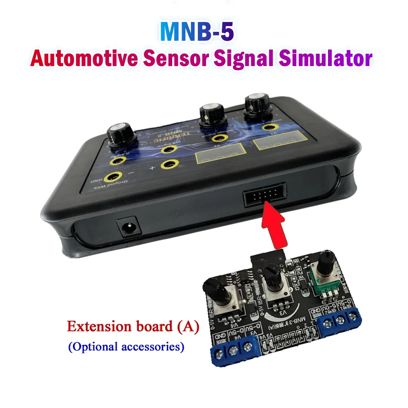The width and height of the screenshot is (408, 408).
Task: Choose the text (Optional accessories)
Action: [126, 347]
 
